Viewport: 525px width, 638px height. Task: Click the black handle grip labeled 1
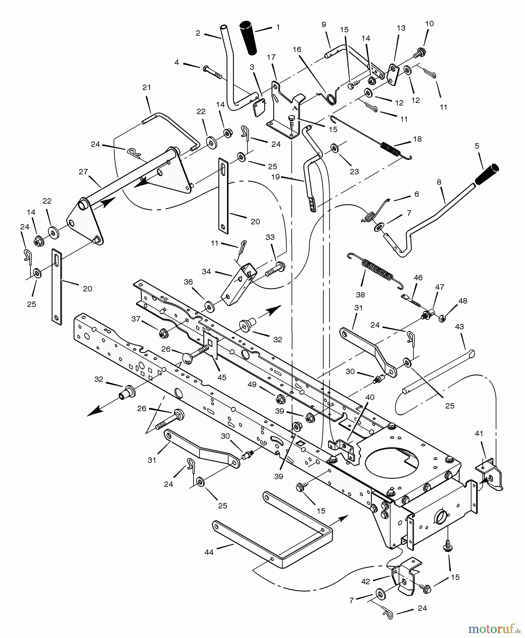coord(249,38)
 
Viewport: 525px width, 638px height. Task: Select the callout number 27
coord(83,172)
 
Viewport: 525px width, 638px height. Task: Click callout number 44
coord(209,552)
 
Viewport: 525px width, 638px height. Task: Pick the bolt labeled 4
coord(212,72)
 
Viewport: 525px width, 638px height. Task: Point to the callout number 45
coord(222,377)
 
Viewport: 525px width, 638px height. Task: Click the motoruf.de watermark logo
coord(494,629)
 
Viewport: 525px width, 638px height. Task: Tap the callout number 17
coord(271,57)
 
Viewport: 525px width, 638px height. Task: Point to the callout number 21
coord(147,88)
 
